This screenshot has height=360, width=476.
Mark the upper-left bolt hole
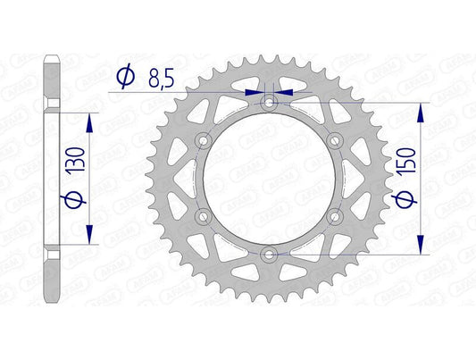(205, 141)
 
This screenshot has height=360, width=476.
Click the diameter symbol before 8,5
(126, 79)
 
